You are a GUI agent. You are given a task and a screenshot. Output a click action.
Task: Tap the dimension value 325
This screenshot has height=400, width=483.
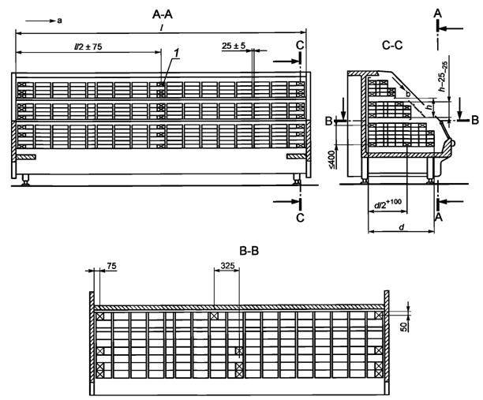pyautogui.click(x=227, y=267)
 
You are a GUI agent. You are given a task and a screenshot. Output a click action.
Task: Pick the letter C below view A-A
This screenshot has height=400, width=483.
pyautogui.click(x=300, y=213)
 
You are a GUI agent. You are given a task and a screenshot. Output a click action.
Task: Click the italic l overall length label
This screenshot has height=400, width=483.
pyautogui.click(x=162, y=28)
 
